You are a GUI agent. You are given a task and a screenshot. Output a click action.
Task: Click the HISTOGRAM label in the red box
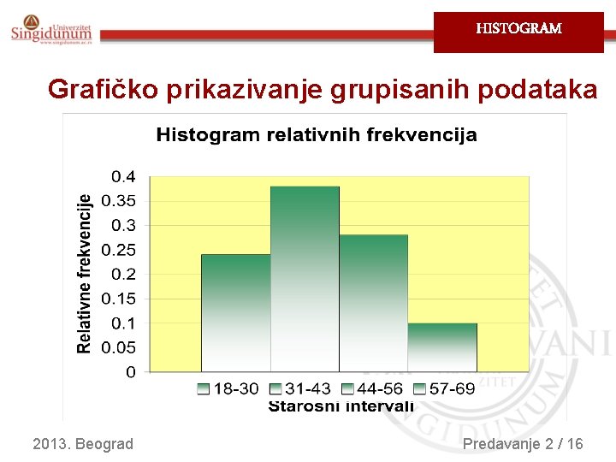(518, 28)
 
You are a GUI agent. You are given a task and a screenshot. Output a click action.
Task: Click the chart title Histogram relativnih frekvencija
(316, 135)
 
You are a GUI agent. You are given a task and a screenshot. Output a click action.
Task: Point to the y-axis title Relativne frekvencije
(84, 273)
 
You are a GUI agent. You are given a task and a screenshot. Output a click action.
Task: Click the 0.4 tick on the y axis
(123, 177)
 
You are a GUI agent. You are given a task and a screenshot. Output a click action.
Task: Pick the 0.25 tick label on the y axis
(118, 250)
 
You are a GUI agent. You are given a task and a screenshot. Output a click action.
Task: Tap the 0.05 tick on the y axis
(118, 347)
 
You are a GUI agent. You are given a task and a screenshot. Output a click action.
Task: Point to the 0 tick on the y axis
(130, 372)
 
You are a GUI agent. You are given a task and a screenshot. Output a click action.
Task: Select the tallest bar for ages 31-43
(305, 279)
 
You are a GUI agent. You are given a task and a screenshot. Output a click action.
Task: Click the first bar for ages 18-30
(235, 313)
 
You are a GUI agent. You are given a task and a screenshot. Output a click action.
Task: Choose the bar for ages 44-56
(373, 303)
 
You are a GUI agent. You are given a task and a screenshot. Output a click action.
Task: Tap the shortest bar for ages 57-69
(442, 347)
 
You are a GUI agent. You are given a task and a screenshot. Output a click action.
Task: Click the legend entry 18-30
(228, 389)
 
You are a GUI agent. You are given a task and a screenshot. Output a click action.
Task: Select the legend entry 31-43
(299, 389)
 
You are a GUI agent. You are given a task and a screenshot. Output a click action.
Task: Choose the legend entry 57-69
(444, 389)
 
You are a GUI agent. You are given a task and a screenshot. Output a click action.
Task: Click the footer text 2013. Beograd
(83, 444)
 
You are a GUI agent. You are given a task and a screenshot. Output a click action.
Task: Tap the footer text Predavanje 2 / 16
(522, 444)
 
